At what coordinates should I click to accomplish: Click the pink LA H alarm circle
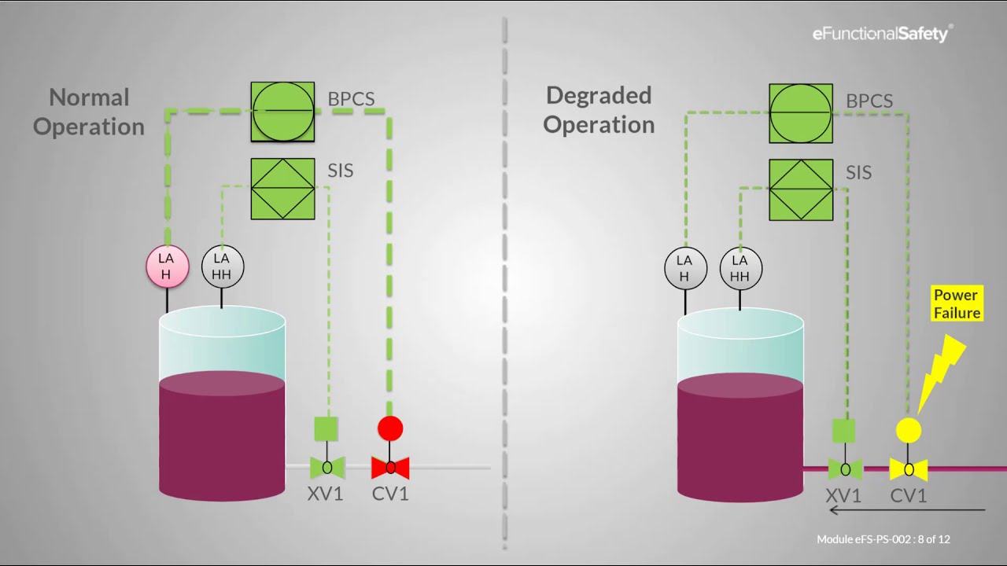[x=167, y=266]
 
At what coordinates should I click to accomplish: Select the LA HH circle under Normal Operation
[x=222, y=266]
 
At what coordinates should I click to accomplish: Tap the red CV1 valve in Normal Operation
[x=390, y=468]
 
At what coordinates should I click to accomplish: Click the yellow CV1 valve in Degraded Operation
[x=909, y=470]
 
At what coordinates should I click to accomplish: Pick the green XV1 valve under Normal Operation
[x=327, y=468]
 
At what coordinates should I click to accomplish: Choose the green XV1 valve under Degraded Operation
[x=845, y=470]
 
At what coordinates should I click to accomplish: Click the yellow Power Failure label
[x=957, y=304]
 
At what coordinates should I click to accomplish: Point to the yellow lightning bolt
[x=941, y=369]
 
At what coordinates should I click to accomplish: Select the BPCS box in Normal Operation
[x=282, y=112]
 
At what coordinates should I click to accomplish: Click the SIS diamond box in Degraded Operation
[x=801, y=189]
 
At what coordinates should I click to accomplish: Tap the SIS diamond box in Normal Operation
[x=282, y=189]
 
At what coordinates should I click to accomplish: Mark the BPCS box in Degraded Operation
[x=801, y=113]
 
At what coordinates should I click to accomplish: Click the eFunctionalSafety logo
[x=882, y=34]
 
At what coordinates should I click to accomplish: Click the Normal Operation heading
[x=89, y=112]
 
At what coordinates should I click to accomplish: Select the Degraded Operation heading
[x=599, y=110]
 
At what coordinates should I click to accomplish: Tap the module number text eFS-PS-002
[x=865, y=539]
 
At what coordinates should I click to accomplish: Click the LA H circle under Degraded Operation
[x=684, y=268]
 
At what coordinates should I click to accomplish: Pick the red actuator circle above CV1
[x=390, y=428]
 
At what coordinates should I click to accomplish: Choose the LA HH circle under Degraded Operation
[x=740, y=268]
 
